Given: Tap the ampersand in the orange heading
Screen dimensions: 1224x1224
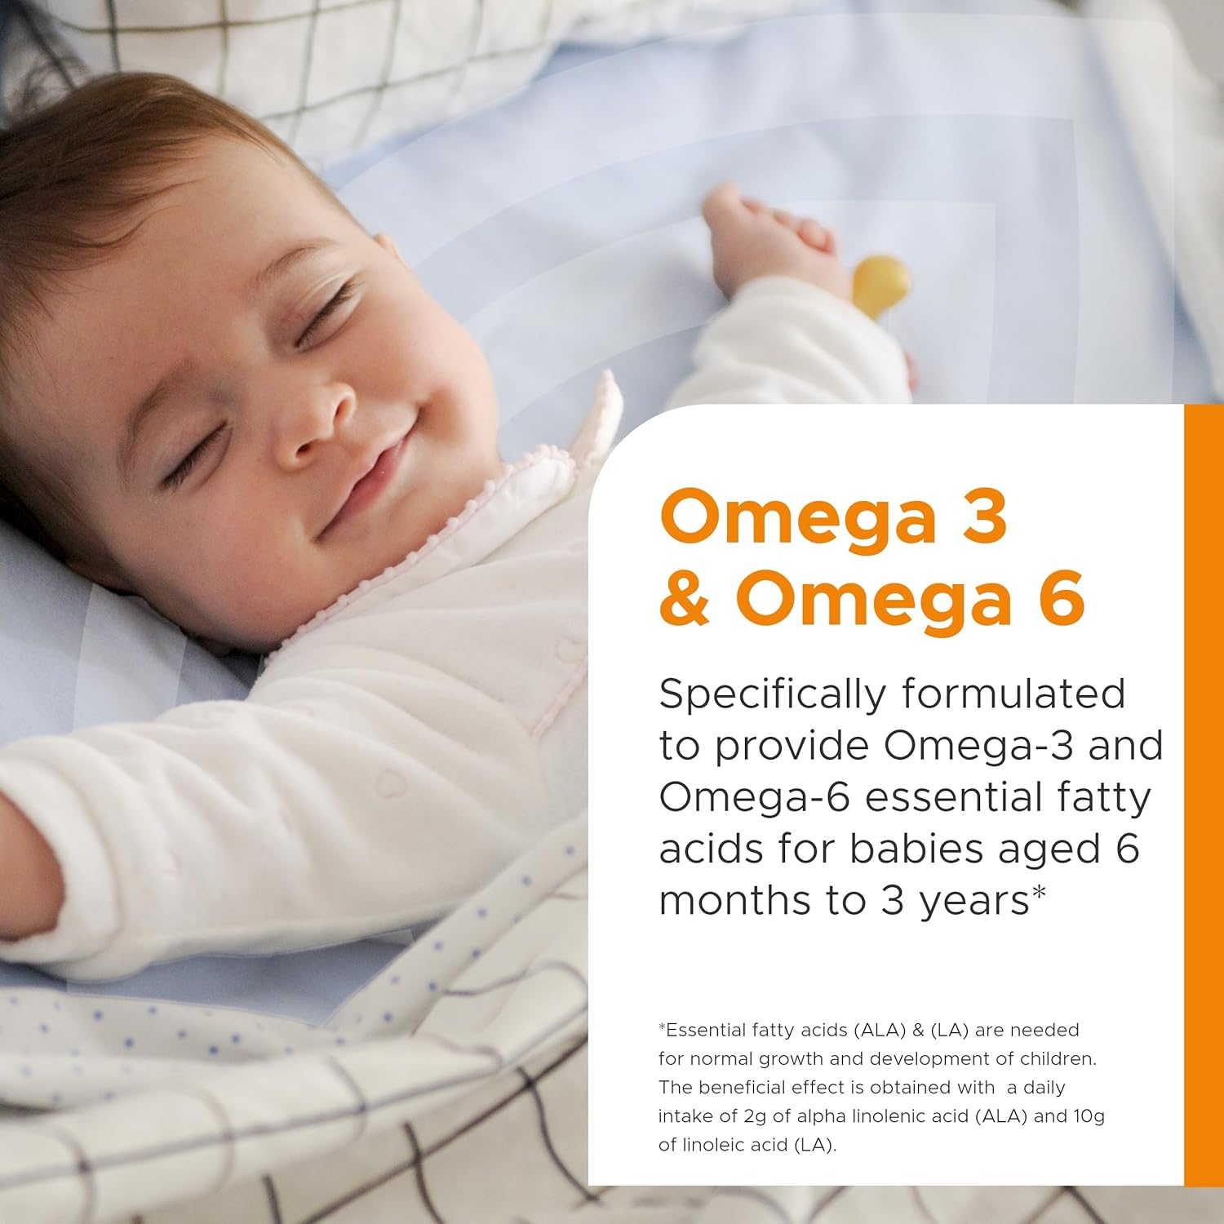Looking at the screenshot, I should point(685,600).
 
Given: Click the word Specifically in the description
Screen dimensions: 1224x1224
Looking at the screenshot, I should point(771,695).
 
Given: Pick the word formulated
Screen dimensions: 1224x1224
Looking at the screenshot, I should point(1013,694).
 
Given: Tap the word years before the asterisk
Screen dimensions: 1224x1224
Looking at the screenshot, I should point(974,902).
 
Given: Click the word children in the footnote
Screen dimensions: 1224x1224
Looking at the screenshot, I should point(1061,1059).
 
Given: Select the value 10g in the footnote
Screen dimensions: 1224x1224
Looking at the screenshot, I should point(1089,1116).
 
